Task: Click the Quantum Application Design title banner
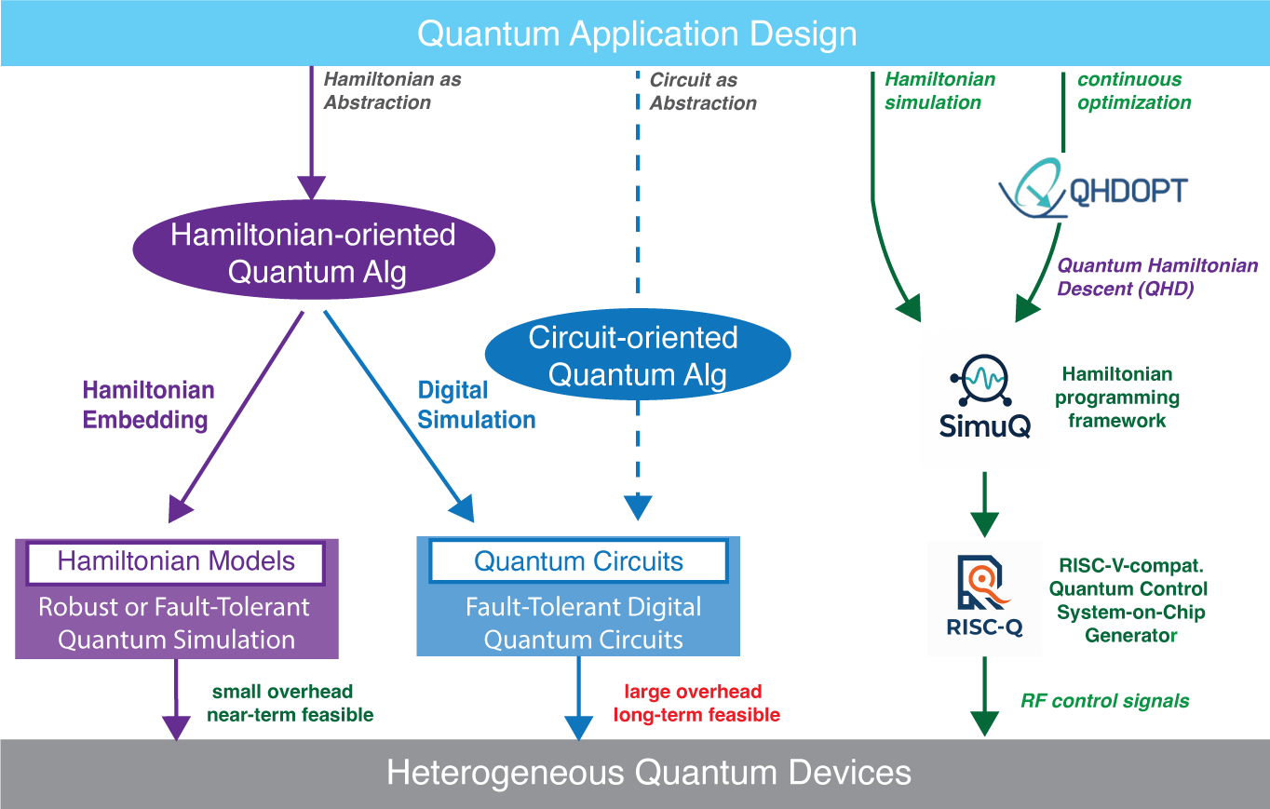pos(635,34)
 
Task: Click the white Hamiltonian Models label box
pos(176,561)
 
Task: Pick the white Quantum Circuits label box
pos(578,561)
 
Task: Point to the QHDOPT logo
pos(1093,189)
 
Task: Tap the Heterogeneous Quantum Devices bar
pos(635,774)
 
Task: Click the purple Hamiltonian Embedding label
pos(145,405)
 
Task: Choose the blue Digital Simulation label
pos(476,405)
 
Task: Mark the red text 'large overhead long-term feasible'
pos(701,704)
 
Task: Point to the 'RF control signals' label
pos(1104,701)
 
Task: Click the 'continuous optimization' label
pos(1133,91)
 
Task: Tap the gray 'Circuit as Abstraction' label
pos(702,91)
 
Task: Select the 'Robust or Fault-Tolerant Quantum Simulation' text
pos(174,624)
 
